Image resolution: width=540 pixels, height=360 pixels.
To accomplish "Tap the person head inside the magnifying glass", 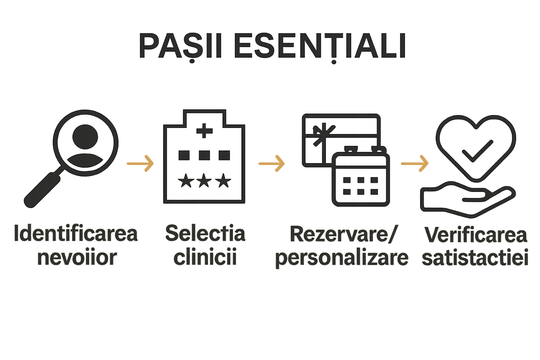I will tap(85, 136).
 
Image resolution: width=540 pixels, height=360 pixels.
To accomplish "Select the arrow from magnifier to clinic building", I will tap(140, 163).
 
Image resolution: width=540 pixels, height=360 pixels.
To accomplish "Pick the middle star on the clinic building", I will tap(204, 181).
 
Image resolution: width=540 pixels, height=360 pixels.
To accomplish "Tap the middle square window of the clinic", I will tap(204, 155).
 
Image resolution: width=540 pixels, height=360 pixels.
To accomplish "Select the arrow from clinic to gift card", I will tap(272, 163).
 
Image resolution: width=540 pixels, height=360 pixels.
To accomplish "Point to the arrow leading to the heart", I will tap(415, 163).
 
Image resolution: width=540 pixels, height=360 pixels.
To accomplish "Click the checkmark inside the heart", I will tap(477, 150).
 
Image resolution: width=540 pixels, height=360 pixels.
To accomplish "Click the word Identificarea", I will tap(76, 234).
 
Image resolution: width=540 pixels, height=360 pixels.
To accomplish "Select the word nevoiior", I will tap(77, 258).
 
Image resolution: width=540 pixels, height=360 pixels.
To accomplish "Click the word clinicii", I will tap(205, 258).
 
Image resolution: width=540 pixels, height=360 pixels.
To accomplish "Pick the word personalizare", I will tap(342, 258).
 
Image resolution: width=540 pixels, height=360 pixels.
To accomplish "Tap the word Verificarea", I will tap(476, 235).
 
